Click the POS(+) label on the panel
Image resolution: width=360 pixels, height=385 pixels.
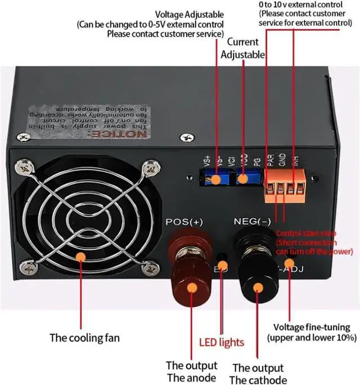184,222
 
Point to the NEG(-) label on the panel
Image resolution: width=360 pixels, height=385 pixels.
251,222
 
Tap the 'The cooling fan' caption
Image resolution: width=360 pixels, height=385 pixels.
84,338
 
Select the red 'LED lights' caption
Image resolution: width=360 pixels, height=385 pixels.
222,342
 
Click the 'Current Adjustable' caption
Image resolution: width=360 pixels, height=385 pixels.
243,48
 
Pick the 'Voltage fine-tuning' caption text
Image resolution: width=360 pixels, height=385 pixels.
311,327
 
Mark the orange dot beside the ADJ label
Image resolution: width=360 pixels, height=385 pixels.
289,263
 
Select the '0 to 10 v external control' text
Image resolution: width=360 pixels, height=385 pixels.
300,5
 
